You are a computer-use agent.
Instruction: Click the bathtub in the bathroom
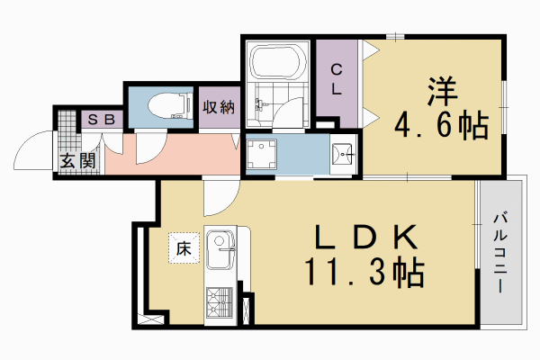click(x=277, y=62)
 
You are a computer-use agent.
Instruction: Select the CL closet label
click(x=335, y=79)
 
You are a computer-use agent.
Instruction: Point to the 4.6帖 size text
click(x=440, y=125)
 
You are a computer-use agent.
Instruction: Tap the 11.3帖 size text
click(x=364, y=272)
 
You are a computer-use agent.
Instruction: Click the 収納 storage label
click(x=218, y=107)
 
